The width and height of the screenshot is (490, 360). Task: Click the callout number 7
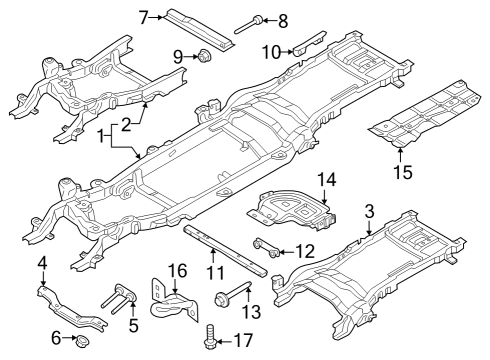point(144,17)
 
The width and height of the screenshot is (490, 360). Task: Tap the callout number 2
point(127,125)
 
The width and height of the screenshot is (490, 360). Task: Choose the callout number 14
point(324,179)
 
